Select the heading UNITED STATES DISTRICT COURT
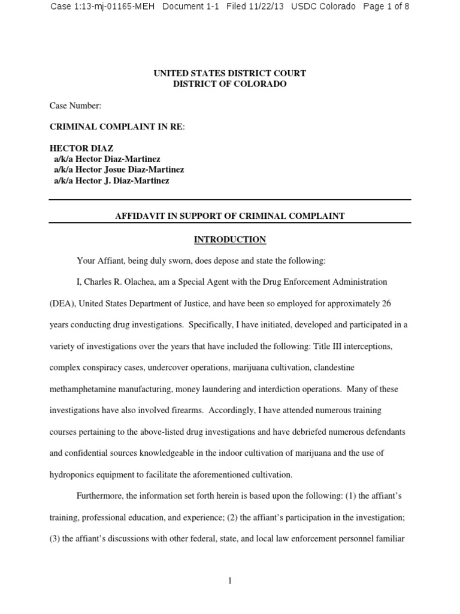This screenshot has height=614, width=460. pyautogui.click(x=230, y=73)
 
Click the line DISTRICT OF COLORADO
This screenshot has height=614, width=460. pyautogui.click(x=230, y=84)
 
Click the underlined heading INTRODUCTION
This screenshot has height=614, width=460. pyautogui.click(x=229, y=240)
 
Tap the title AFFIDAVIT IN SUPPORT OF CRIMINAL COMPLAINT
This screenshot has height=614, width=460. pyautogui.click(x=229, y=216)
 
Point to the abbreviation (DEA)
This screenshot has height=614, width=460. pyautogui.click(x=62, y=303)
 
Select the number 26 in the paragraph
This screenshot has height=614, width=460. pyautogui.click(x=386, y=303)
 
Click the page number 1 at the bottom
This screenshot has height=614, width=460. pyautogui.click(x=229, y=580)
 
